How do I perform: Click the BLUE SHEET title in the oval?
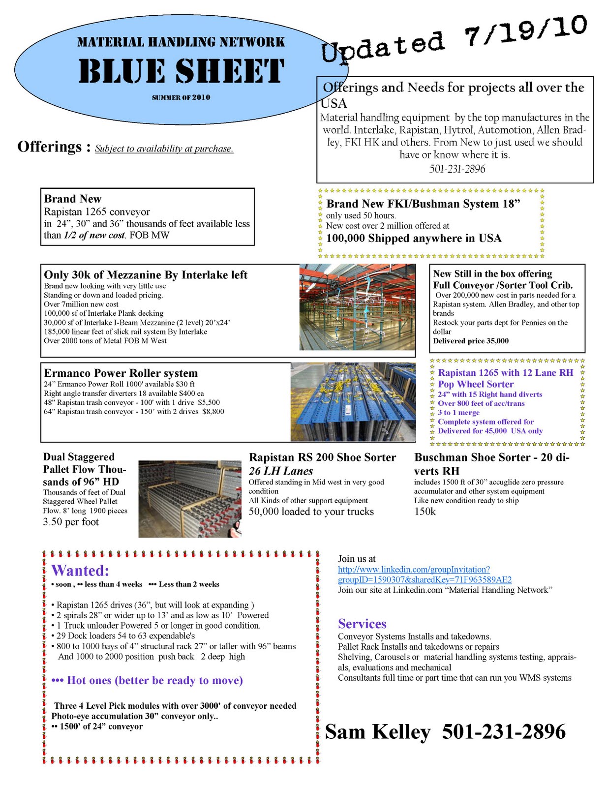[x=181, y=71]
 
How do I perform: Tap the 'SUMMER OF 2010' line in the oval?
[x=181, y=97]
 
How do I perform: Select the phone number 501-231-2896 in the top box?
[x=457, y=169]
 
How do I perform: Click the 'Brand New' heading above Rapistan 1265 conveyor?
[x=73, y=199]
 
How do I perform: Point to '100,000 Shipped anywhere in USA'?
[x=414, y=238]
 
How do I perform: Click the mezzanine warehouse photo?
[x=357, y=307]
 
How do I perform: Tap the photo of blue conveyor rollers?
[x=352, y=402]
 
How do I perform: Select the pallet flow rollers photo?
[x=189, y=498]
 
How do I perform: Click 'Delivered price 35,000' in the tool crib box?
[x=471, y=341]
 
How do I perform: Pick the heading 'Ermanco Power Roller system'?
[x=121, y=373]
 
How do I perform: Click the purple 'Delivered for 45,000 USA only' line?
[x=490, y=431]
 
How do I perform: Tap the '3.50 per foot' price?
[x=71, y=522]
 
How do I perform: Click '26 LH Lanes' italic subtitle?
[x=280, y=471]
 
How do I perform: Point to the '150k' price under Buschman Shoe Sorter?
[x=425, y=512]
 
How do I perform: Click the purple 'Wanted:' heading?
[x=80, y=571]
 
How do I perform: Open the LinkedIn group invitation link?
[x=424, y=575]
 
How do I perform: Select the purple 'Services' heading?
[x=362, y=624]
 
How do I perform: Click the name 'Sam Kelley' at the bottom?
[x=377, y=732]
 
